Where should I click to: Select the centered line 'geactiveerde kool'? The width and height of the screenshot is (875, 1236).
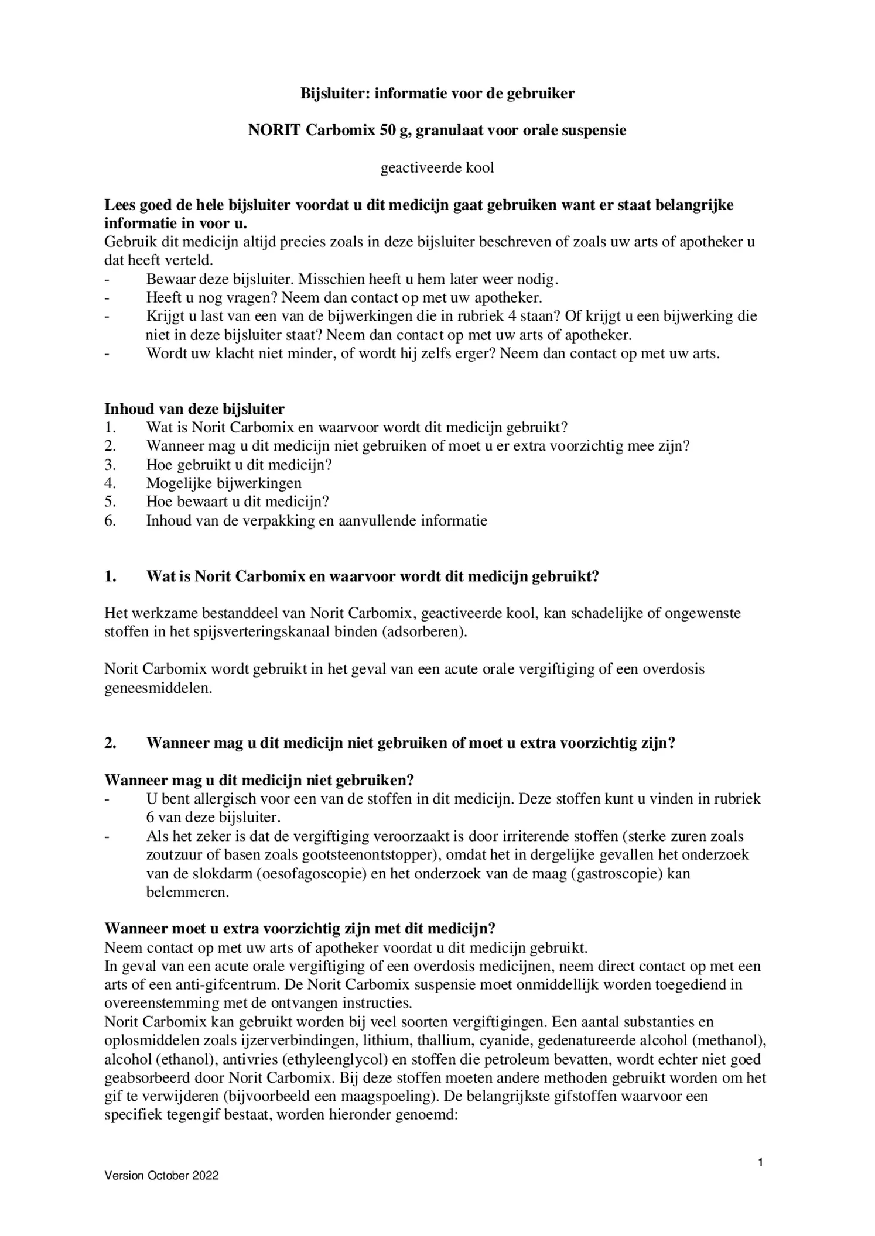tap(437, 168)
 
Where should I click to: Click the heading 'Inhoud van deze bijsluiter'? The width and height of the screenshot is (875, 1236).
tap(194, 408)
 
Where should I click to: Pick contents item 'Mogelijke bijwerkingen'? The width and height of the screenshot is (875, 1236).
tap(224, 483)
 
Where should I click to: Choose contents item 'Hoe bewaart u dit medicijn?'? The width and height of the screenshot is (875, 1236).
tap(237, 502)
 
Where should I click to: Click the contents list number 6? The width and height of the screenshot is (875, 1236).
tap(110, 520)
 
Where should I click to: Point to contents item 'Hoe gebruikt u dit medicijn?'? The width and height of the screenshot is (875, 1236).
tap(239, 465)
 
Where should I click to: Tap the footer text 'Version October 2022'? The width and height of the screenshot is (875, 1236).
tap(161, 1175)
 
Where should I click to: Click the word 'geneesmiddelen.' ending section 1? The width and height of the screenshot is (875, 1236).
tap(158, 688)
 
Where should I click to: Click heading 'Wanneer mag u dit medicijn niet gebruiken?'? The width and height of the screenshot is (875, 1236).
tap(259, 780)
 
